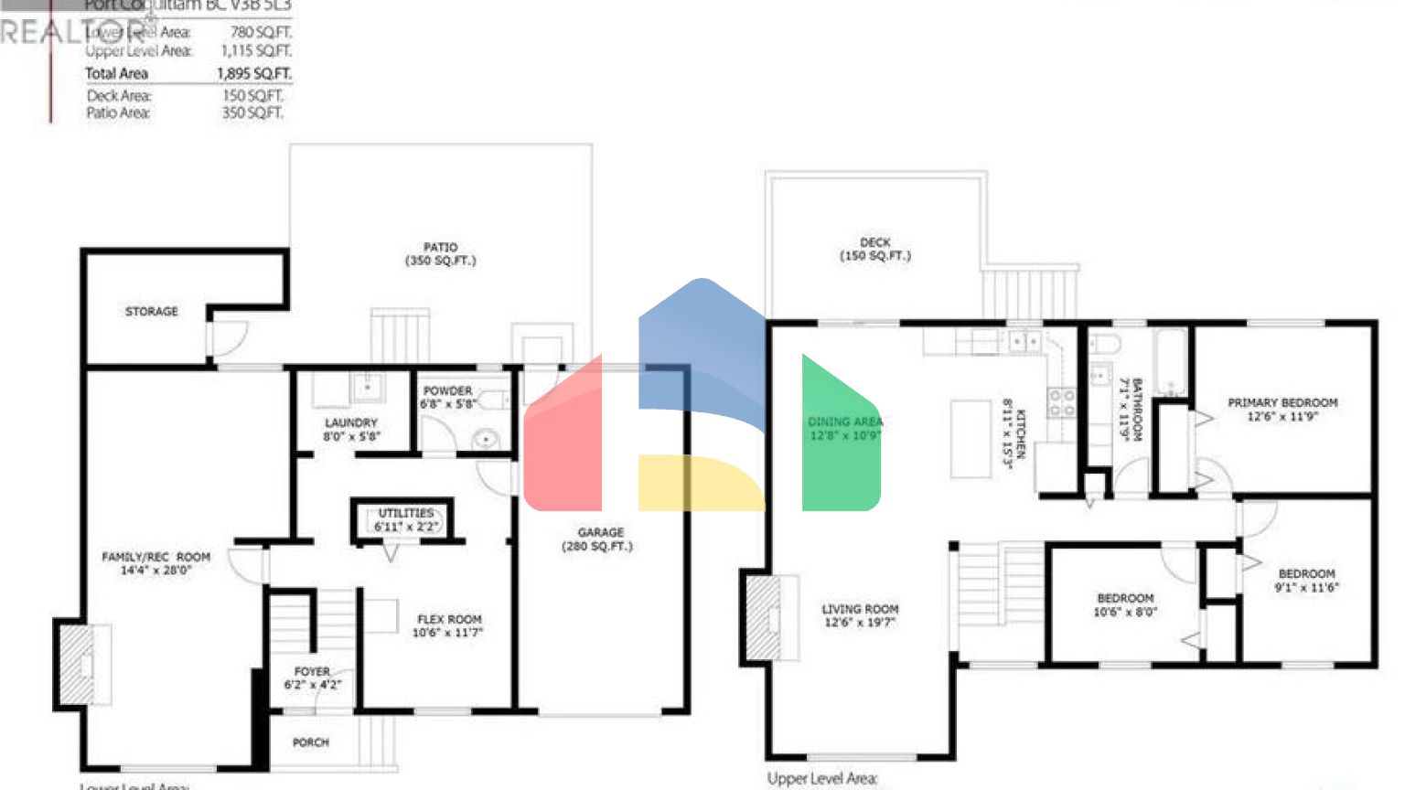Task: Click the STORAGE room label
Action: tap(151, 312)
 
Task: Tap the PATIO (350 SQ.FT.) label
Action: tap(440, 254)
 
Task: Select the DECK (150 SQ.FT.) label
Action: tap(874, 250)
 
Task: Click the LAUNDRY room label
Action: tap(350, 430)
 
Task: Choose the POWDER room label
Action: tap(447, 397)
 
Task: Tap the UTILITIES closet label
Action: tap(406, 519)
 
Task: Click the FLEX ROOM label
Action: tap(448, 625)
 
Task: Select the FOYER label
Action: tap(312, 678)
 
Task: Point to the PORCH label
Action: tap(310, 742)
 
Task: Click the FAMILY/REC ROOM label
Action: tap(156, 563)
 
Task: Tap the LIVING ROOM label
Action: tap(860, 615)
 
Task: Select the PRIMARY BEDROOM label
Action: tap(1282, 409)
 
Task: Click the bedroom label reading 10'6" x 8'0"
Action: tap(1125, 604)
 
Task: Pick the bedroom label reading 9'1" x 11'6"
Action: tap(1306, 581)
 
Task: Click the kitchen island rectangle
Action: tap(971, 439)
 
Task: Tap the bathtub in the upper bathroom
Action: tap(1171, 362)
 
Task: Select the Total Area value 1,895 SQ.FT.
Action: tap(254, 73)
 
